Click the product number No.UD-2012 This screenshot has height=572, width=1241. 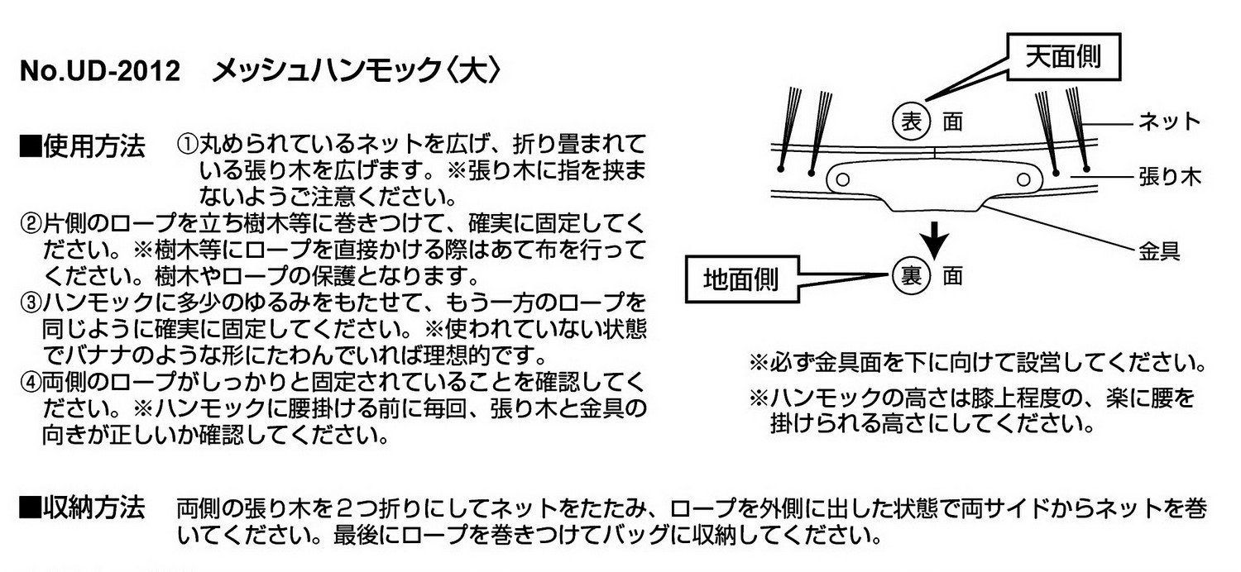[100, 71]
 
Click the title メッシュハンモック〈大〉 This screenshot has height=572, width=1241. [357, 71]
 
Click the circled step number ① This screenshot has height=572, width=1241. [187, 145]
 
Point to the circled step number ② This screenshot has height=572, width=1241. [31, 224]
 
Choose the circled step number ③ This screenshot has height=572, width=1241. [31, 303]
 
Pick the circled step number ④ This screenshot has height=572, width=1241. [31, 382]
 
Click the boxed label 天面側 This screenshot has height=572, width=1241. [1064, 57]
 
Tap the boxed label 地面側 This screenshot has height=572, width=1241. [742, 279]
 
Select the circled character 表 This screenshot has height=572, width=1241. [911, 122]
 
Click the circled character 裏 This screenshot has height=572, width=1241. [911, 276]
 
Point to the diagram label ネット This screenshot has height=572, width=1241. [1169, 122]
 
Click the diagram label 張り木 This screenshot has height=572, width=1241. [1170, 177]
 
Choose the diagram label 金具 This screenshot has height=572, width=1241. [1159, 251]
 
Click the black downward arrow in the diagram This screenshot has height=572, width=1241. [935, 241]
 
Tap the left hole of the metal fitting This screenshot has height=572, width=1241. [843, 179]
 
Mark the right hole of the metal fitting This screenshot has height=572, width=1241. [1024, 179]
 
